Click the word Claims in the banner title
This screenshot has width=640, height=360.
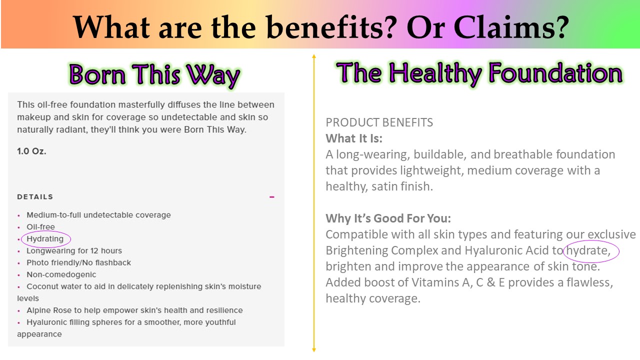(504, 27)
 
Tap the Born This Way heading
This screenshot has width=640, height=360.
(154, 75)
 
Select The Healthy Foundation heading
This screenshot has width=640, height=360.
(479, 73)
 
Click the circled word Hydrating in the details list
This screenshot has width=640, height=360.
(45, 239)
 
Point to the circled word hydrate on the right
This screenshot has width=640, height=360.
(588, 250)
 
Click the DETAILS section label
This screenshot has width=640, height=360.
(35, 197)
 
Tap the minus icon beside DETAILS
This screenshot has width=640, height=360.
(271, 197)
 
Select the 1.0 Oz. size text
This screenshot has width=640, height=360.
(31, 151)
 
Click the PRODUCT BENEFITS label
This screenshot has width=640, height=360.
(379, 122)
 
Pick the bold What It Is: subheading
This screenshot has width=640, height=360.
(354, 138)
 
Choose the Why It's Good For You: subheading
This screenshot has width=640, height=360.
(388, 218)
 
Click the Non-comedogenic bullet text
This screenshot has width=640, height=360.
(61, 274)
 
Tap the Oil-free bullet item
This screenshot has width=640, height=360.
(40, 227)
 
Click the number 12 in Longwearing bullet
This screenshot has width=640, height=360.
(94, 251)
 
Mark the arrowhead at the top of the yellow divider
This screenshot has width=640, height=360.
(314, 56)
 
